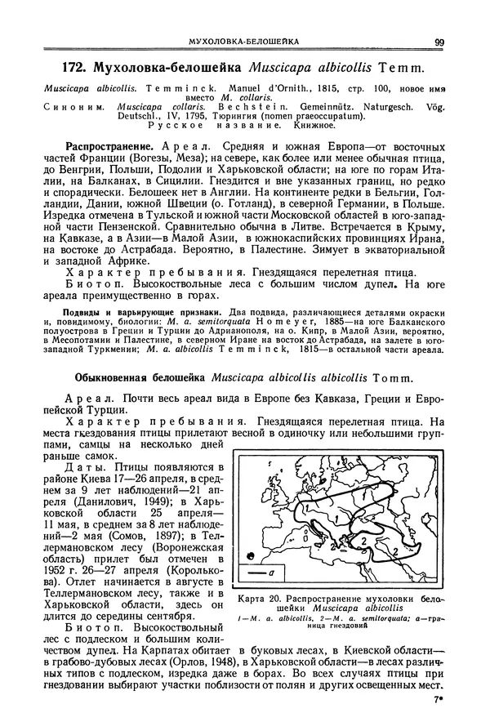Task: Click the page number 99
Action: [x=439, y=43]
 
